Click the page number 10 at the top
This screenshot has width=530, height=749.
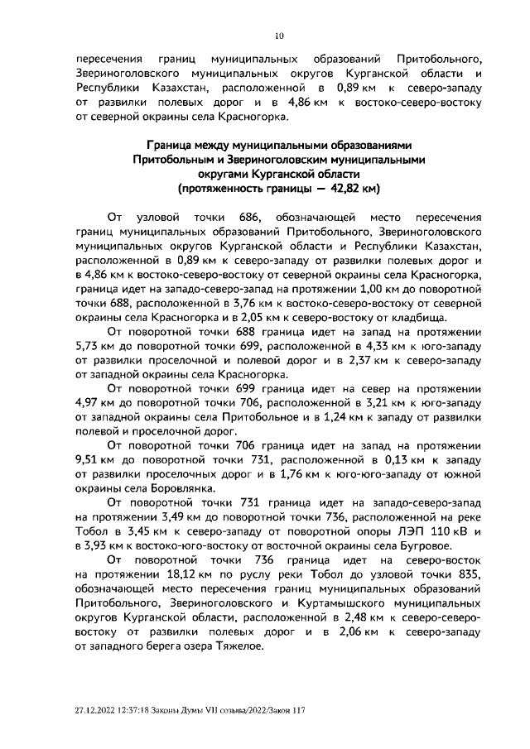[x=278, y=35]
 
